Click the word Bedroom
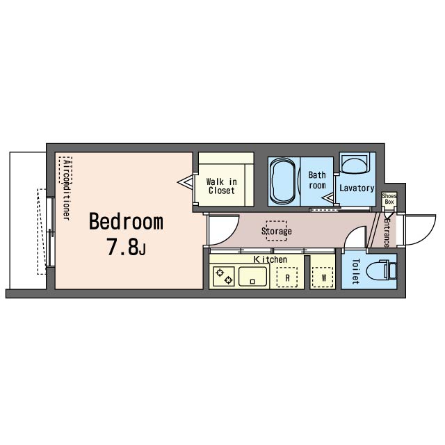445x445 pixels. point(127,222)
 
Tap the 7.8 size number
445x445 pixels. point(122,247)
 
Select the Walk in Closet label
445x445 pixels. point(221,186)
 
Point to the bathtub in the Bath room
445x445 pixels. point(283,181)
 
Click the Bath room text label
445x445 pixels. point(317,180)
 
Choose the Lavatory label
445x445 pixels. point(357,188)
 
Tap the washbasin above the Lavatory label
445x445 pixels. point(355,163)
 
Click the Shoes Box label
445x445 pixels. point(389,199)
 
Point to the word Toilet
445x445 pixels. point(355,271)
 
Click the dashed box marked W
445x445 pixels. point(323,277)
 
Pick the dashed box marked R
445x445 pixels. point(287,277)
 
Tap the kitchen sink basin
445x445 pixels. point(253,277)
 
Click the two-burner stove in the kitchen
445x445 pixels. point(224,277)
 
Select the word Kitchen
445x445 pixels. point(270,259)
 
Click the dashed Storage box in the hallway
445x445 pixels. point(277,231)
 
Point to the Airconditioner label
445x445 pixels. point(67,189)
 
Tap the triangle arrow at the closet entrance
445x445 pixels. point(185,181)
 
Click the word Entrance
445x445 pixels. point(387,232)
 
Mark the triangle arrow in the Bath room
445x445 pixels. point(328,197)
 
